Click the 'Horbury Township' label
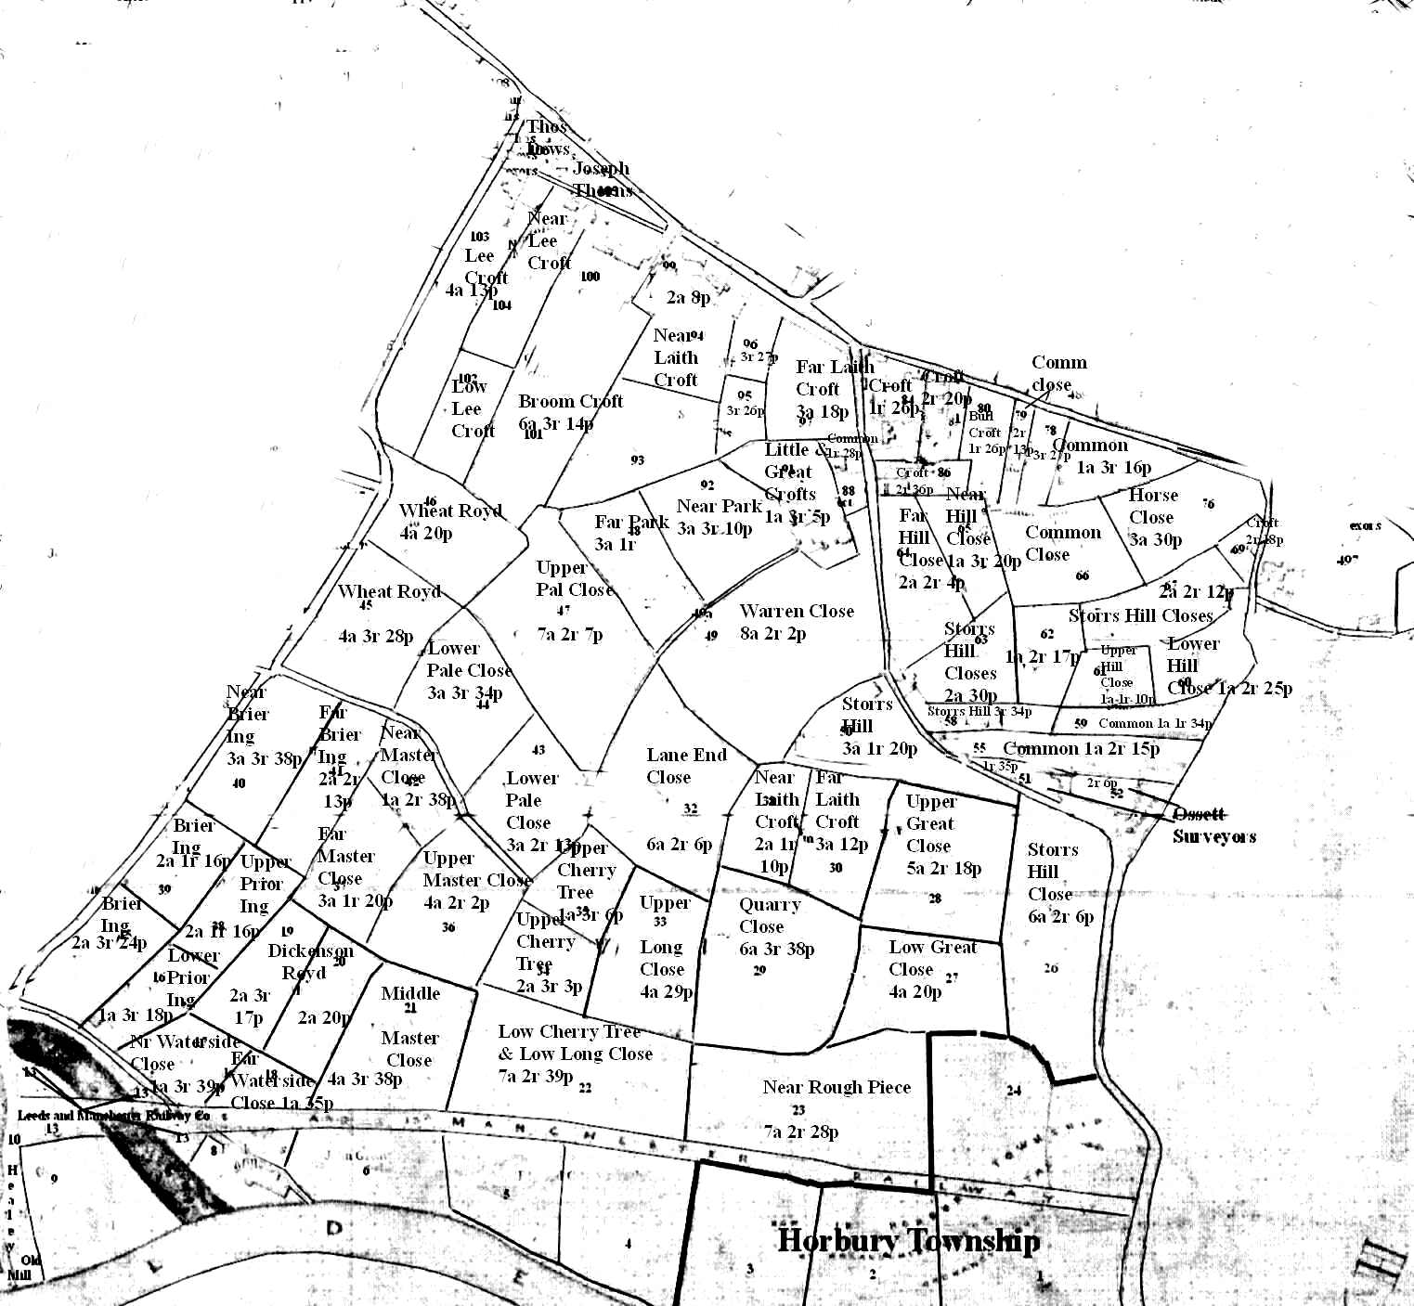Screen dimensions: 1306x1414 click(908, 1241)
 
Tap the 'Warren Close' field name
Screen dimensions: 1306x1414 click(797, 612)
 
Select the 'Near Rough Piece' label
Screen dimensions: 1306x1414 click(837, 1087)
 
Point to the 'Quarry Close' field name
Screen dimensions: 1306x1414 click(769, 915)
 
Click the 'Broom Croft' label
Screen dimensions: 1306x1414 click(570, 402)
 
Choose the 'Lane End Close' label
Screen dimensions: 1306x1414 click(685, 766)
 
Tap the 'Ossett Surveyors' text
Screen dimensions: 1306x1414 click(1213, 825)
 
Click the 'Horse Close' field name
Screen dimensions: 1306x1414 click(1152, 507)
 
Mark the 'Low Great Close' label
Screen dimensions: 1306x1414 click(932, 958)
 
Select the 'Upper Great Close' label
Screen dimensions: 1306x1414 click(929, 823)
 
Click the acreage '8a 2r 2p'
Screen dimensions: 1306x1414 click(773, 634)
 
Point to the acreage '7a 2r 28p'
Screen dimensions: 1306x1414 click(800, 1131)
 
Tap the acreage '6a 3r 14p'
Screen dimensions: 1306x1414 click(556, 424)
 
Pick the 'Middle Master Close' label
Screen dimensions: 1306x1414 click(410, 1027)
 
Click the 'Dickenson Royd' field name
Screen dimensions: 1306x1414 click(310, 962)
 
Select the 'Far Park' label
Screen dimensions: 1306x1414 click(631, 523)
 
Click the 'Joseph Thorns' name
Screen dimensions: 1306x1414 click(602, 179)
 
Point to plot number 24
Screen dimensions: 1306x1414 click(1013, 1091)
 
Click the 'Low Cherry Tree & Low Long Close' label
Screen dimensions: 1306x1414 click(575, 1042)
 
